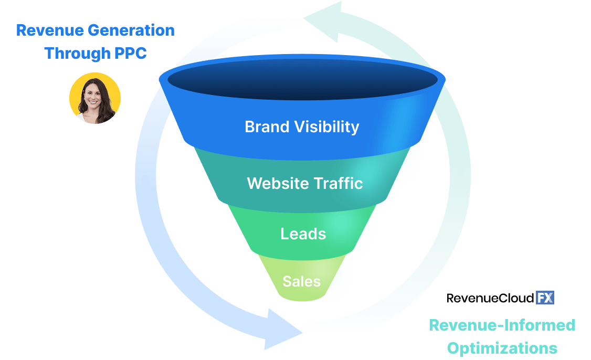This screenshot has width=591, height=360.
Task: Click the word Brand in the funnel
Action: tap(267, 127)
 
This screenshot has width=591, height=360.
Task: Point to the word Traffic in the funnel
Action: tap(339, 184)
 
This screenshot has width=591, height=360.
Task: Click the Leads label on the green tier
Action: tap(303, 234)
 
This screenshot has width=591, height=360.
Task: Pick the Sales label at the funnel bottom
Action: tap(301, 281)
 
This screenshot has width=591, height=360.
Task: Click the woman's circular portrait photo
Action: tap(95, 98)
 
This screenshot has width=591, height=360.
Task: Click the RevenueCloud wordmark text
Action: tap(490, 299)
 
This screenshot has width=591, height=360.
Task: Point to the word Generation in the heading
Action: tap(131, 30)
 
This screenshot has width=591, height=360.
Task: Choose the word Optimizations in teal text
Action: tap(493, 348)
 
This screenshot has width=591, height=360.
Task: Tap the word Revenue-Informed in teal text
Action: tap(502, 325)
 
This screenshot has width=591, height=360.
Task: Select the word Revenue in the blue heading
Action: tap(50, 30)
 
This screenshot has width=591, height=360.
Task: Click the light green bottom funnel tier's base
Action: tap(301, 297)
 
